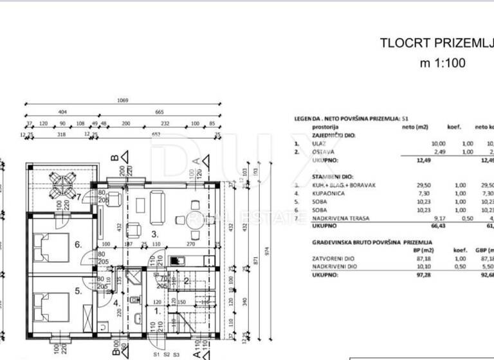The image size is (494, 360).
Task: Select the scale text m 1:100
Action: [442, 63]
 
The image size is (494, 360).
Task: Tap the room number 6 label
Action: [78, 244]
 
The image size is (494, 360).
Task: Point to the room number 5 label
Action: [78, 291]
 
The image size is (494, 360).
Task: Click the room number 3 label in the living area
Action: [154, 235]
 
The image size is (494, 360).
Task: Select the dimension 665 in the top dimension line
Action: [159, 111]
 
